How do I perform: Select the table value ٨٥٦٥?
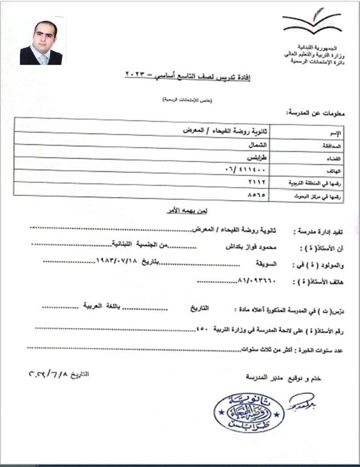pyautogui.click(x=257, y=195)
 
